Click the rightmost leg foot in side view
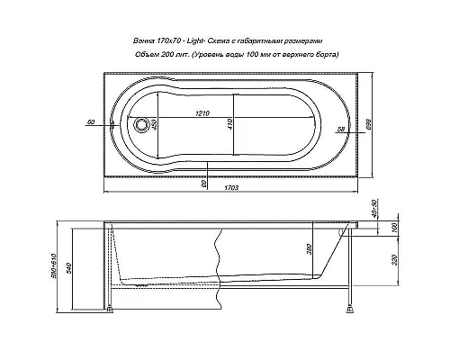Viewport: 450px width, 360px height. click(x=346, y=312)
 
